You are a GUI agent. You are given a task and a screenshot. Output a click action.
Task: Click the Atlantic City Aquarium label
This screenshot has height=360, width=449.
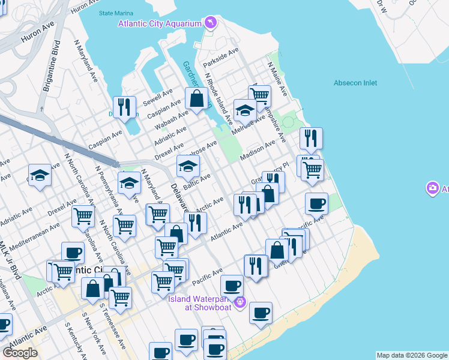[x=159, y=24]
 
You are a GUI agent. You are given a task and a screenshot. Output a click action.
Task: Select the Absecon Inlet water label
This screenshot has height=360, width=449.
[x=355, y=83]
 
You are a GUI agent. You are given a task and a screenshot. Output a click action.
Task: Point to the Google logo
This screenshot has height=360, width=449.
[x=20, y=353]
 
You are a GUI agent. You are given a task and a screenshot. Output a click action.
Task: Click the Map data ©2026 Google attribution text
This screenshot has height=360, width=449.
[x=412, y=355]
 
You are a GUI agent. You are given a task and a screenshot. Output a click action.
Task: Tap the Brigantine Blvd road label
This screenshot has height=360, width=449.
[x=50, y=66]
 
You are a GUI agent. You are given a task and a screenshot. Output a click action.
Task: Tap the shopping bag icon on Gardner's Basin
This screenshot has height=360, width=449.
[x=197, y=97]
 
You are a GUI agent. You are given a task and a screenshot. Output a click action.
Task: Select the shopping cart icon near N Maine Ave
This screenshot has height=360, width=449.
[x=259, y=95]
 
